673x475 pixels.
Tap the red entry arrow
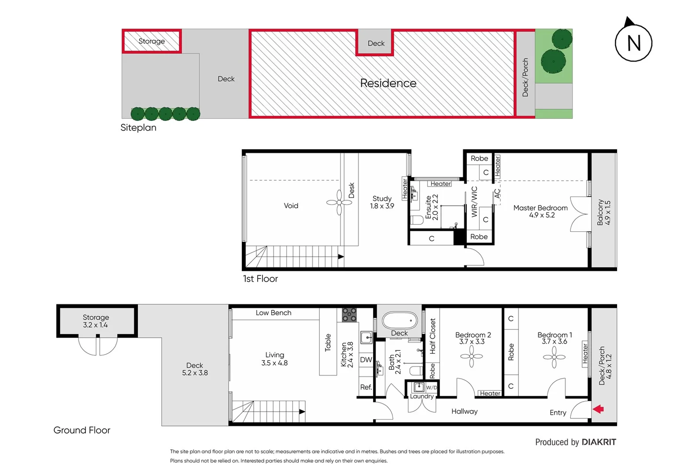click(598, 409)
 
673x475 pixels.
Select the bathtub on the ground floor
click(399, 320)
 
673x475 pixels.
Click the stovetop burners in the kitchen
click(349, 315)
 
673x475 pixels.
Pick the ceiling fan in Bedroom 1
click(554, 357)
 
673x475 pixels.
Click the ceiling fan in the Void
click(339, 202)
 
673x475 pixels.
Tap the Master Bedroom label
click(540, 211)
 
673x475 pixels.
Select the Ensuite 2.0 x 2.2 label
click(432, 207)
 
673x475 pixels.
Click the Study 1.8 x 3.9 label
click(382, 202)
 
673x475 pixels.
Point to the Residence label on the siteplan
click(388, 83)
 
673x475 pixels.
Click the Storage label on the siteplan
click(152, 41)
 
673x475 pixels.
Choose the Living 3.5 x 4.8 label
click(274, 359)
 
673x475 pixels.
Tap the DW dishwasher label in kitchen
click(366, 359)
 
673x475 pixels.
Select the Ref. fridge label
click(366, 387)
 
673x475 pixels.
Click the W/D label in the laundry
click(432, 387)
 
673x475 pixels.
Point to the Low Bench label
click(274, 313)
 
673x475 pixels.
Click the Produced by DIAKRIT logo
click(575, 442)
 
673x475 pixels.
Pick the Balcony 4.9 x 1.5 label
click(604, 213)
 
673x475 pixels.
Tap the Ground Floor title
click(82, 430)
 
